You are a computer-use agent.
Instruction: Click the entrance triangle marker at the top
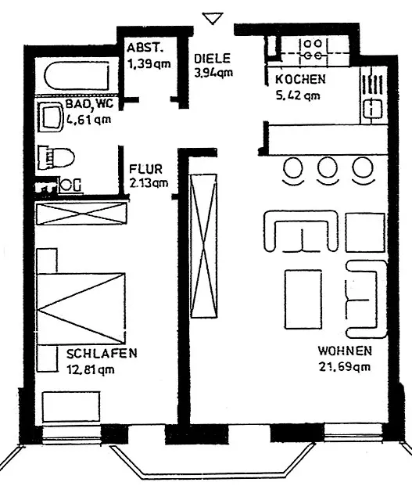pos(213,18)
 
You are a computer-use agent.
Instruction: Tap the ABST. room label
pos(145,48)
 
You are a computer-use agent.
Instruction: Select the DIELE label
pos(213,59)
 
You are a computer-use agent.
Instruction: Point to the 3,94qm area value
pos(213,73)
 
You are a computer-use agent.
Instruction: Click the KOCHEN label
pos(300,79)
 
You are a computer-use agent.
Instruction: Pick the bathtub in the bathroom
pos(77,77)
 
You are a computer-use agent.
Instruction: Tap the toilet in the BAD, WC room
pos(56,157)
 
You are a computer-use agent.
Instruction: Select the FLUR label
pos(145,169)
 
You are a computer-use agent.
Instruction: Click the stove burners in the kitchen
pos(313,49)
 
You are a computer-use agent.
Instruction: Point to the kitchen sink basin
pos(373,109)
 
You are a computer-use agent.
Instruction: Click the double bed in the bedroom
pos(81,308)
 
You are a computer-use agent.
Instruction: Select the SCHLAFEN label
pos(102,353)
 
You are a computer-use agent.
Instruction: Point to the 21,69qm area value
pos(345,366)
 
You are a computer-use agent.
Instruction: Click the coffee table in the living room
pos(303,299)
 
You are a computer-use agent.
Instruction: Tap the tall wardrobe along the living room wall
pos(204,246)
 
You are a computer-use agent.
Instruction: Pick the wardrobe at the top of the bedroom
pos(81,214)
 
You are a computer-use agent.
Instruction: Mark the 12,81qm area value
pos(91,369)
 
